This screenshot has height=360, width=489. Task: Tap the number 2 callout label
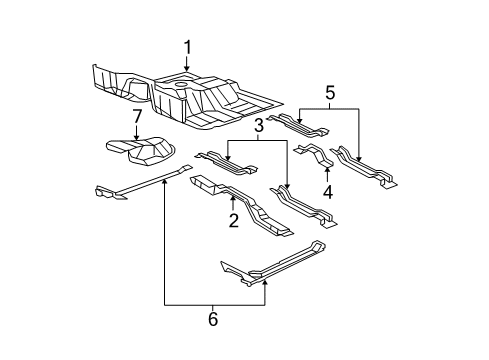pos(233,221)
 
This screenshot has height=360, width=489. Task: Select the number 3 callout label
pos(258,127)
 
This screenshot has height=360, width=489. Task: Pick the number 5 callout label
pos(330,94)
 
